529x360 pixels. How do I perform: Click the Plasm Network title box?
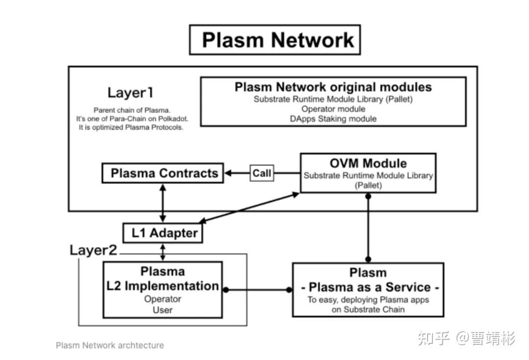(x=275, y=40)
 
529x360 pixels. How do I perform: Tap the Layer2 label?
(x=93, y=250)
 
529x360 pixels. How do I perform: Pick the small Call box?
(x=262, y=173)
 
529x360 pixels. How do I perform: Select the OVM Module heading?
(x=368, y=163)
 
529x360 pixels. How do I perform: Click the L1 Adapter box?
(x=162, y=233)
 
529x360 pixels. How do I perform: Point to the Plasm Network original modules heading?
(x=333, y=87)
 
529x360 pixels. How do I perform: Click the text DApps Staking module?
(x=333, y=119)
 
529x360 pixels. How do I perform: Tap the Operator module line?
(x=333, y=109)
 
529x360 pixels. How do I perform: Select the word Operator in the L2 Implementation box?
(x=163, y=299)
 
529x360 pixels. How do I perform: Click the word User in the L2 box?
(x=163, y=310)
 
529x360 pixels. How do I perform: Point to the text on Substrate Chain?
(x=368, y=310)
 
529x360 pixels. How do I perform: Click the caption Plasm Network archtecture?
(x=110, y=345)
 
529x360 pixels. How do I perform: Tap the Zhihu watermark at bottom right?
(x=466, y=338)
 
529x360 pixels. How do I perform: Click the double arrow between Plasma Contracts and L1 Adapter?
(x=163, y=203)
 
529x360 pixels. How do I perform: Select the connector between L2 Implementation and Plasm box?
(x=257, y=289)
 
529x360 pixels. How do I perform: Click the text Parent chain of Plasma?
(x=132, y=110)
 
